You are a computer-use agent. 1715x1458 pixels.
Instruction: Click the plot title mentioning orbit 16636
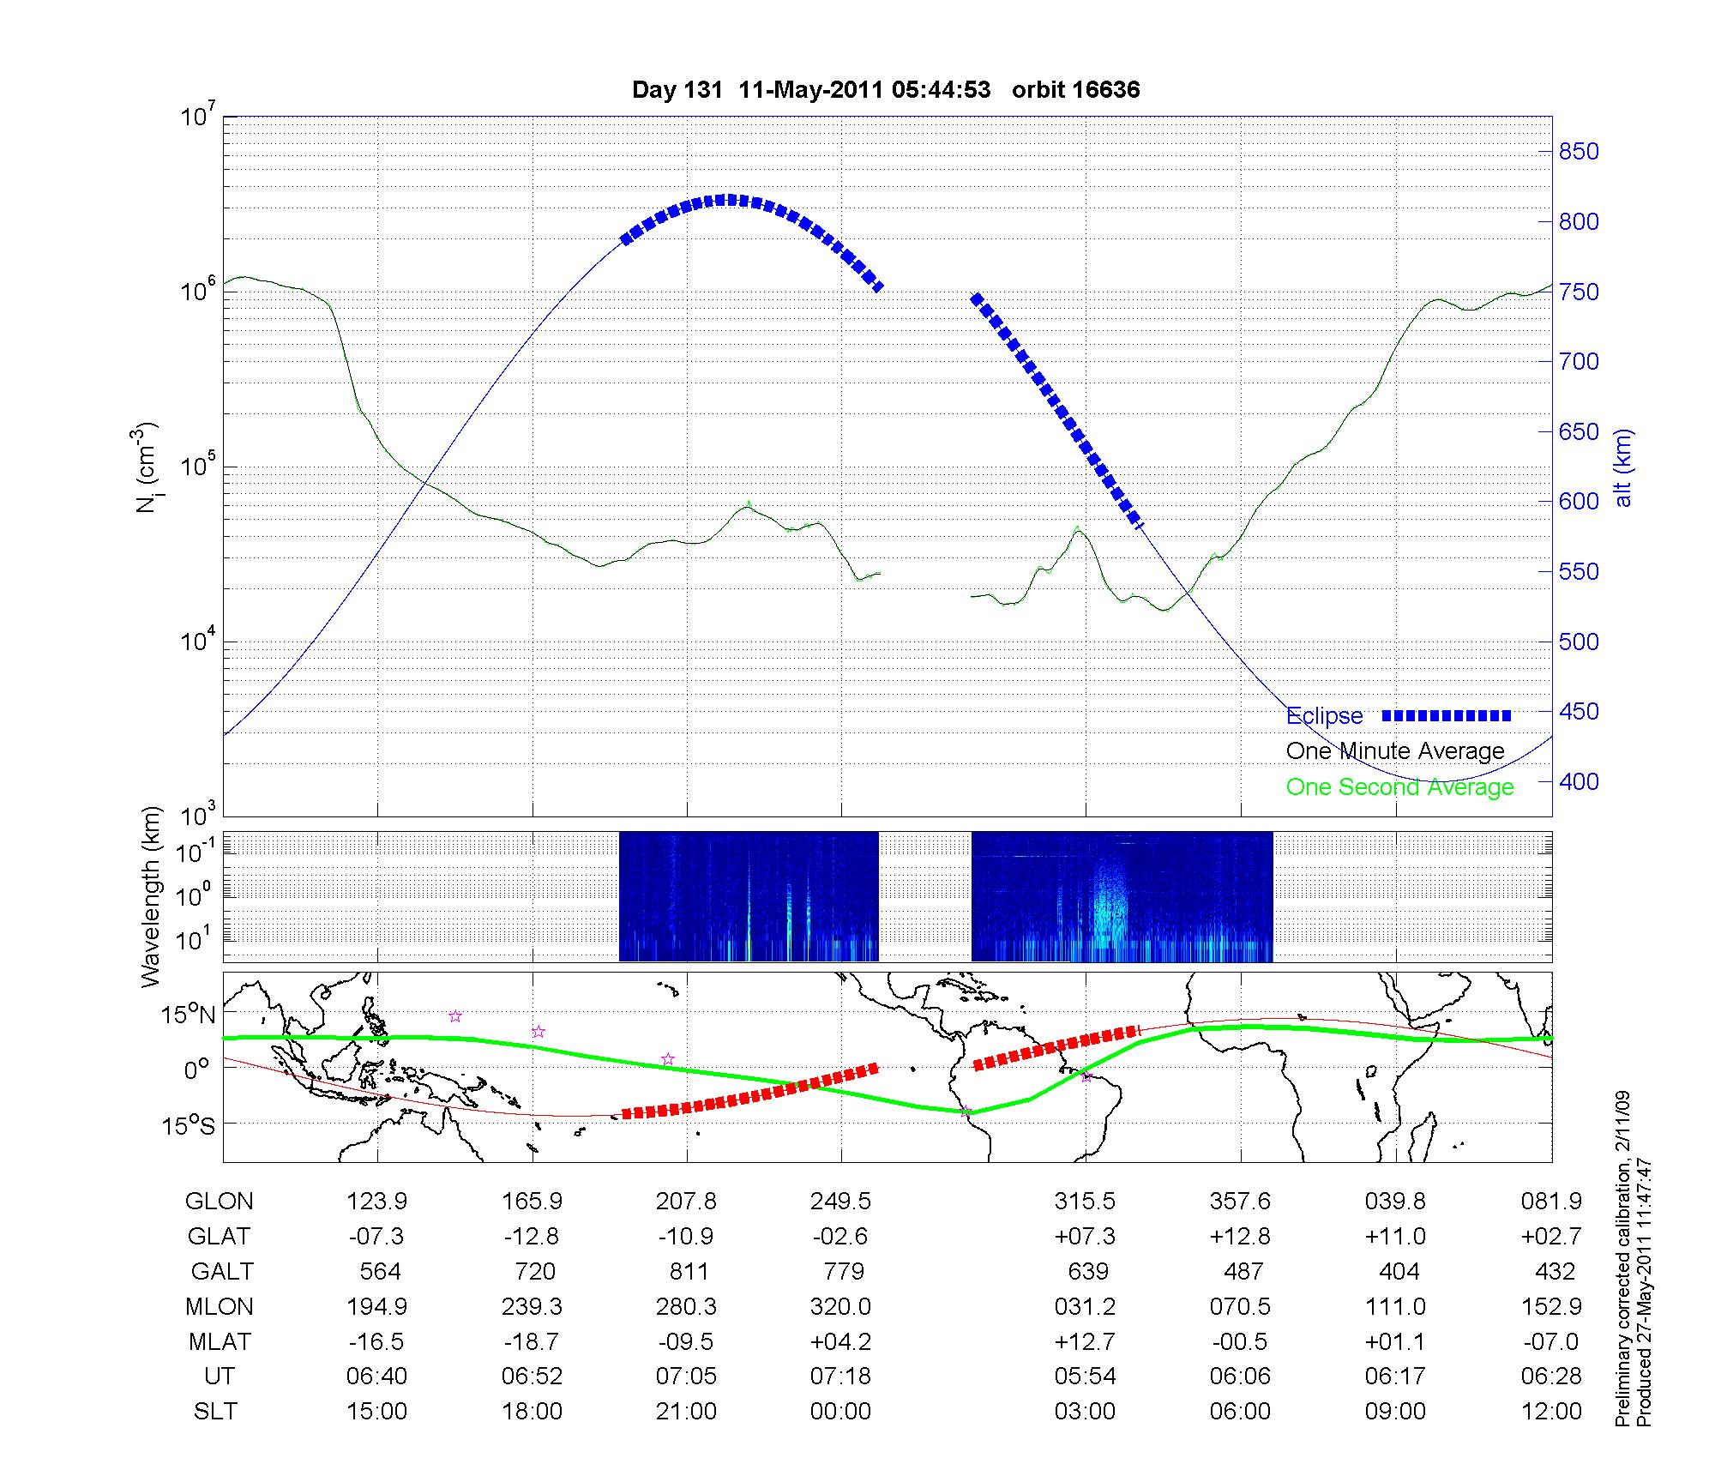coord(886,90)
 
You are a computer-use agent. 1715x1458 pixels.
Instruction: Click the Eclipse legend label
coord(1324,715)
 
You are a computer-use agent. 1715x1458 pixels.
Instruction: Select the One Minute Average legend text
coord(1395,751)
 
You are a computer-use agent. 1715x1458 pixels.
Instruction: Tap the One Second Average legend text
coord(1399,787)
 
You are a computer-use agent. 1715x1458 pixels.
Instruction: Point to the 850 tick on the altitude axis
coord(1579,152)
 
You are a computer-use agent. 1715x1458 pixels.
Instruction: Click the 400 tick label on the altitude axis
coord(1579,781)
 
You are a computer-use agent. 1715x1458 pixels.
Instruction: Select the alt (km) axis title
coord(1623,467)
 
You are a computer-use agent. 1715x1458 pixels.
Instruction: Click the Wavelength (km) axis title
coord(151,896)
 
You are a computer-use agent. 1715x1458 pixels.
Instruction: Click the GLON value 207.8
coord(686,1201)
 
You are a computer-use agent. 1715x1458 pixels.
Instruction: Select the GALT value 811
coord(689,1271)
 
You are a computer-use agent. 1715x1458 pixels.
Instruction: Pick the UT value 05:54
coord(1086,1377)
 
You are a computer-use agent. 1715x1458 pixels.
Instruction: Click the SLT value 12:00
coord(1551,1412)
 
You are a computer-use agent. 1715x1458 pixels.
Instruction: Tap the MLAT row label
coord(220,1341)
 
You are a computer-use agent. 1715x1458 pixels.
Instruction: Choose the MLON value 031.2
coord(1086,1306)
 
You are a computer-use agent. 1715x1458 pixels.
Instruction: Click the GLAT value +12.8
coord(1240,1236)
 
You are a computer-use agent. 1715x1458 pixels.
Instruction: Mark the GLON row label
coord(220,1201)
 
